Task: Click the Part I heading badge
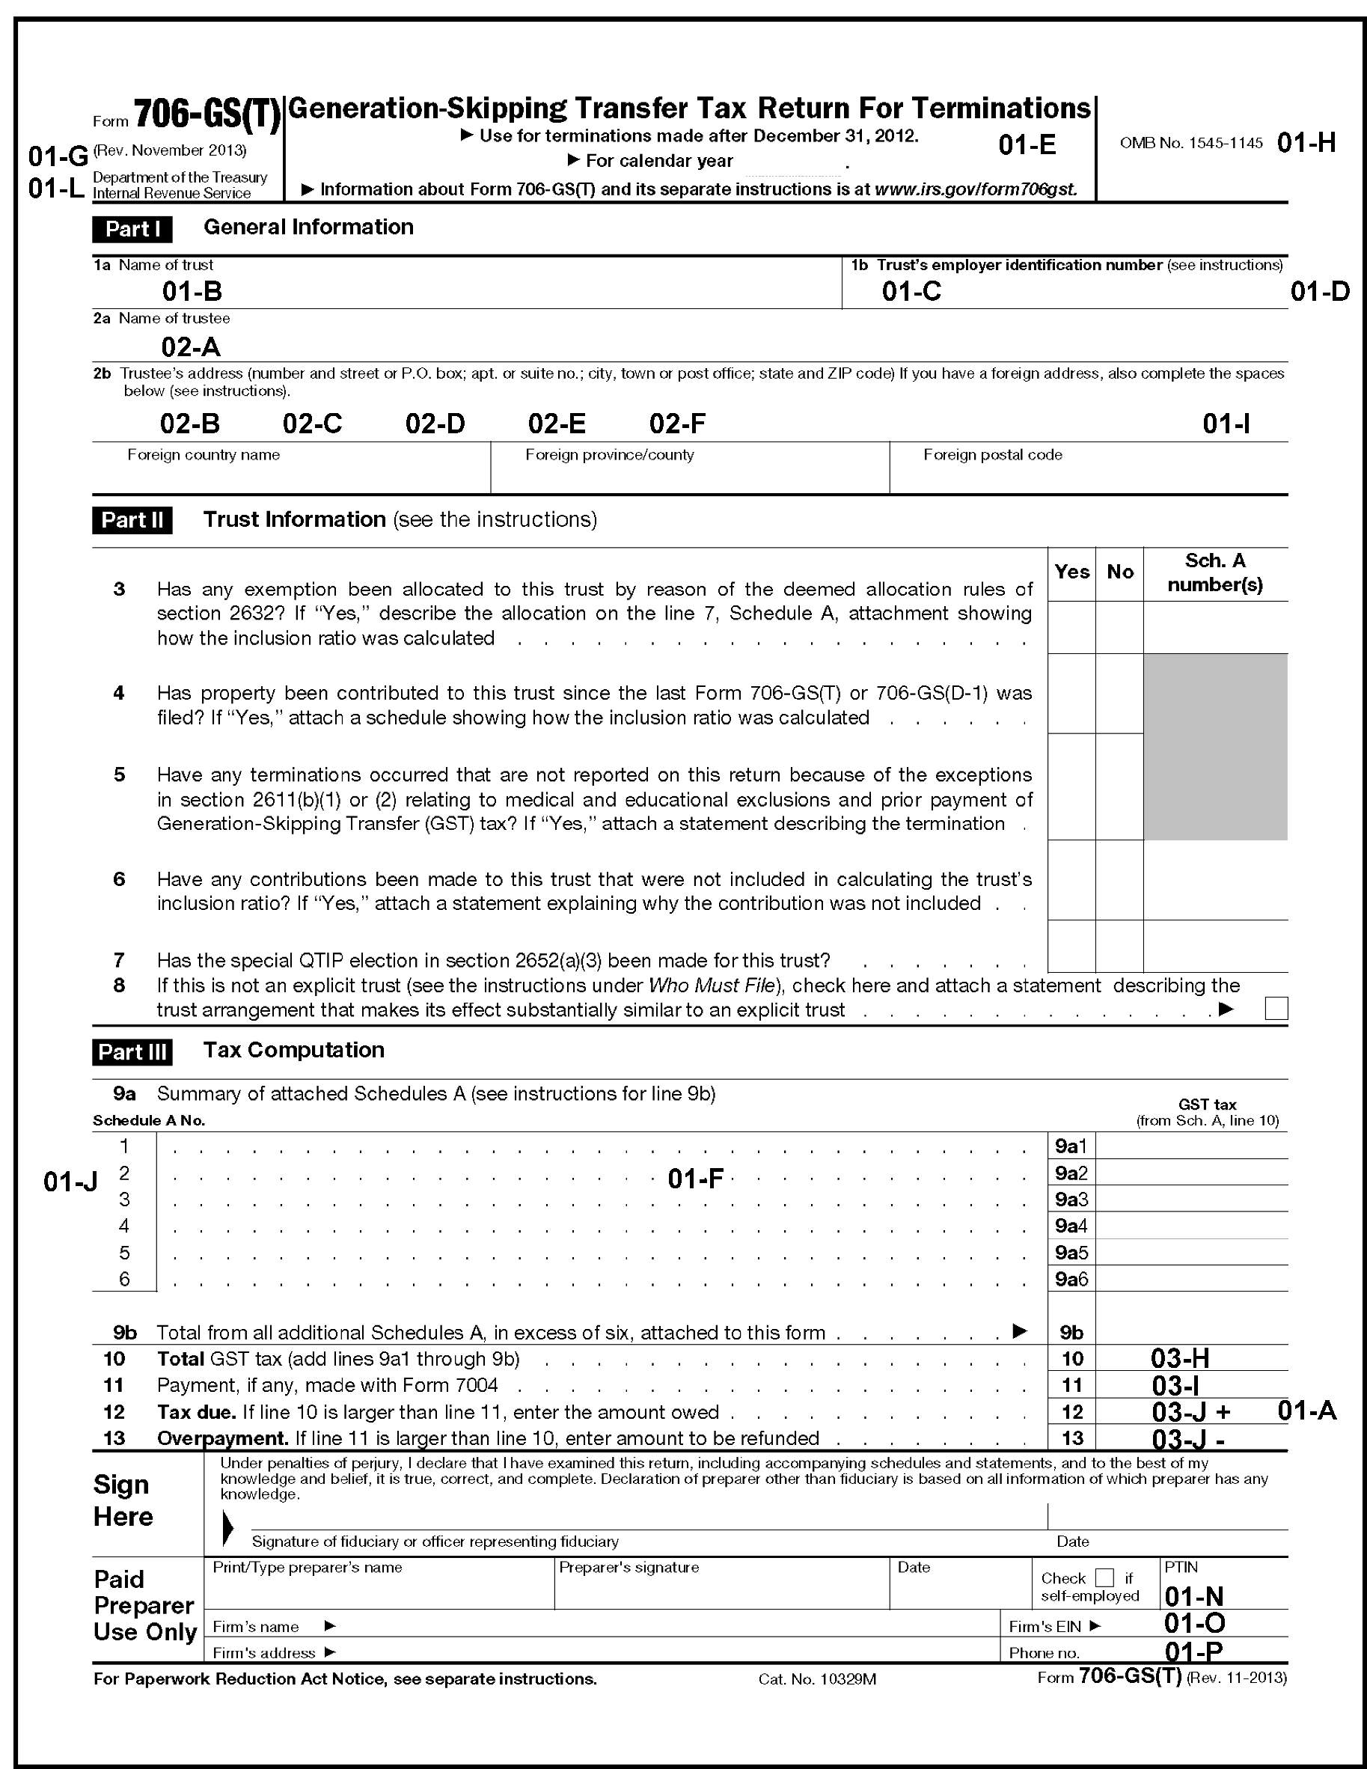132,229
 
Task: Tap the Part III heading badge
132,1052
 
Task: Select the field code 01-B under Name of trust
192,292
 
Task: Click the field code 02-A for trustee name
190,347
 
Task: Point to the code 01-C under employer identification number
911,292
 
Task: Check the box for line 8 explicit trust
1276,1009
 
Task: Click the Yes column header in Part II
1071,572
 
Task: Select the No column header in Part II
1119,572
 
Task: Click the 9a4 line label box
1071,1226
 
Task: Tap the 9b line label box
1071,1333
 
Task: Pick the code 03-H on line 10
1180,1358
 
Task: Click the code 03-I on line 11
1175,1385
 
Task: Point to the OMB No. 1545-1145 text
1190,144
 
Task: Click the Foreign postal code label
992,455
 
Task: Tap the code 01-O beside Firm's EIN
1194,1623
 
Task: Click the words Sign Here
122,1501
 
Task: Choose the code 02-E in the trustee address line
557,424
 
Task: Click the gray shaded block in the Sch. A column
1215,747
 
